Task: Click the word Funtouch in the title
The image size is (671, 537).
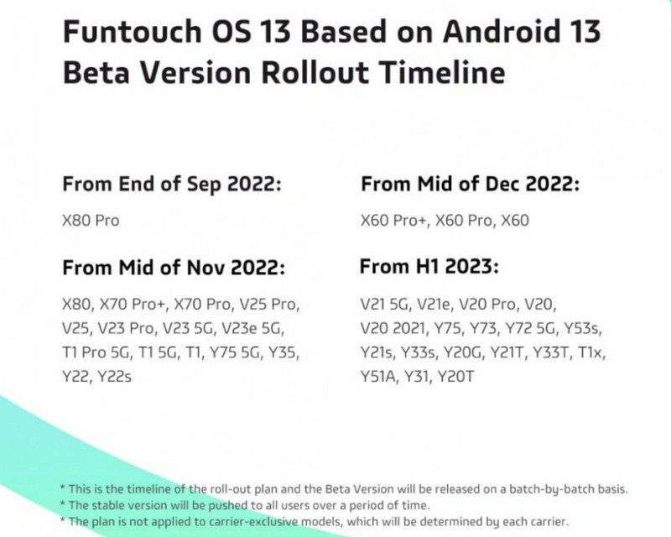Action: tap(133, 32)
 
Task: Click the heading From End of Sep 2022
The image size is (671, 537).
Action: tap(172, 185)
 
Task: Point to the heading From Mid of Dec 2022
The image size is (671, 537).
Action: tap(470, 185)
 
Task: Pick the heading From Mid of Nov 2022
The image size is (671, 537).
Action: tap(174, 268)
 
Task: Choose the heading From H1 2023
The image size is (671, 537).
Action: tap(429, 266)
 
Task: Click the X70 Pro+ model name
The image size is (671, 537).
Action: tap(134, 305)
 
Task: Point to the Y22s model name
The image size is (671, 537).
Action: tap(114, 378)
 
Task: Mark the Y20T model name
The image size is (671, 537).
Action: tap(455, 378)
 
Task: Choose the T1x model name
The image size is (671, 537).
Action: tap(591, 353)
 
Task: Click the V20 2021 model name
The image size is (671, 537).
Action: tap(393, 328)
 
